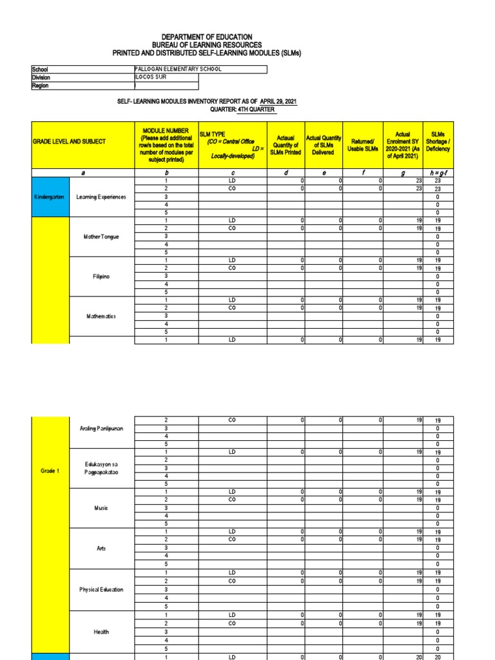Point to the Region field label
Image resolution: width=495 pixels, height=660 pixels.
tap(41, 85)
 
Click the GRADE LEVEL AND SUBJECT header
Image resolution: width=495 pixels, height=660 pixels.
tap(69, 141)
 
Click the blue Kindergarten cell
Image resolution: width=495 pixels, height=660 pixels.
tap(50, 197)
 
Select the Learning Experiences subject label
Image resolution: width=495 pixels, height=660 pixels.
tap(101, 197)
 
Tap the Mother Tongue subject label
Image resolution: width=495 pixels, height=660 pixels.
tap(101, 237)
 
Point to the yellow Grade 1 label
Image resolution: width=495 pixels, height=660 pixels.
tap(50, 471)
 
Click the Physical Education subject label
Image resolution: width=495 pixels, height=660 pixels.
tap(101, 590)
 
